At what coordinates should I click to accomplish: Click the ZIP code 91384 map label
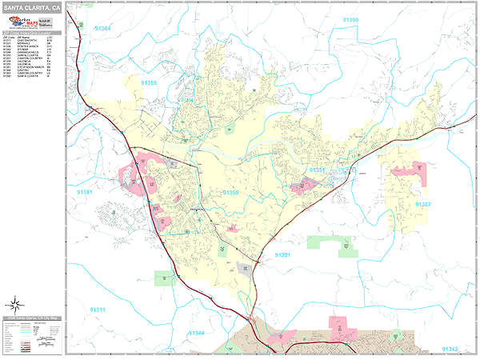[103, 29]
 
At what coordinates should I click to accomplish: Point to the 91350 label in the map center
[230, 192]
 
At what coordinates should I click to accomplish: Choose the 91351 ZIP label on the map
[318, 170]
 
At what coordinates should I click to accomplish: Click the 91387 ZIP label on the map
[423, 204]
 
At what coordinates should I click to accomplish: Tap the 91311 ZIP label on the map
[98, 310]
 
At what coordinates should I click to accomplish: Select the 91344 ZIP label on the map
[196, 332]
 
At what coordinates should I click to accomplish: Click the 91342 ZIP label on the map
[450, 349]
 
